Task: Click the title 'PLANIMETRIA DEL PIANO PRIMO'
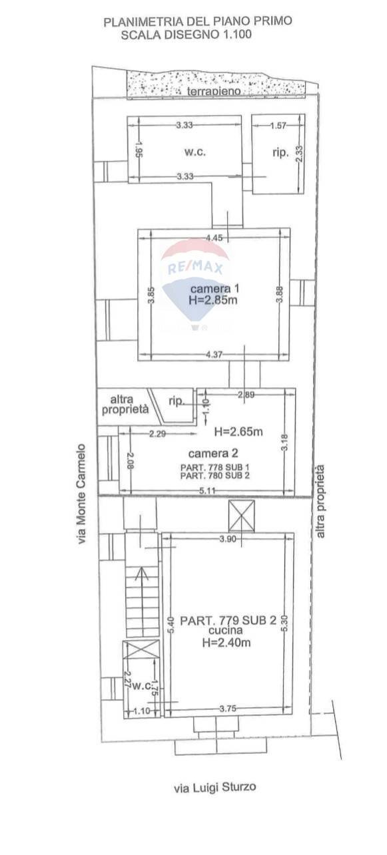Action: click(x=198, y=22)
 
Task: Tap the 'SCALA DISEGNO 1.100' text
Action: click(x=187, y=35)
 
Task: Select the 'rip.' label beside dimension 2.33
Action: click(x=280, y=152)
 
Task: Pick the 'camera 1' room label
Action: click(x=214, y=289)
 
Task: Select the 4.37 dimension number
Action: click(x=214, y=355)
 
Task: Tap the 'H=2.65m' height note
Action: click(x=238, y=432)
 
